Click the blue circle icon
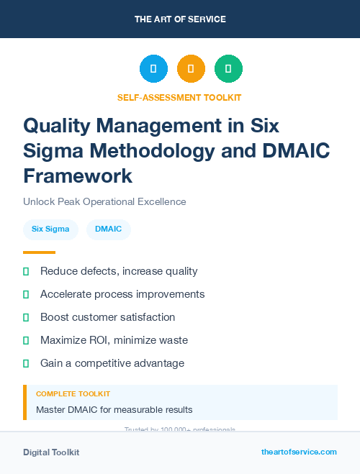(x=153, y=69)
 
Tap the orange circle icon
(x=191, y=69)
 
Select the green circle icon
(x=228, y=69)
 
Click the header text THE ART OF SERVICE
(x=180, y=19)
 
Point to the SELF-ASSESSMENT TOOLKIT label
(x=179, y=97)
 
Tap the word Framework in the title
(x=78, y=175)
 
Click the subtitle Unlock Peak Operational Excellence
(x=104, y=201)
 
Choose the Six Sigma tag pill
(x=50, y=229)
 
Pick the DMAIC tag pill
(x=108, y=229)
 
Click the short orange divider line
(x=39, y=252)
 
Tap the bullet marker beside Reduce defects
(x=26, y=271)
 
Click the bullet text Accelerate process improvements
(x=122, y=294)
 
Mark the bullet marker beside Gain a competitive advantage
(x=26, y=363)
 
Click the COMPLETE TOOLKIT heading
(x=73, y=394)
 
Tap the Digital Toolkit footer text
(x=51, y=452)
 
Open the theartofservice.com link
(x=299, y=452)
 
